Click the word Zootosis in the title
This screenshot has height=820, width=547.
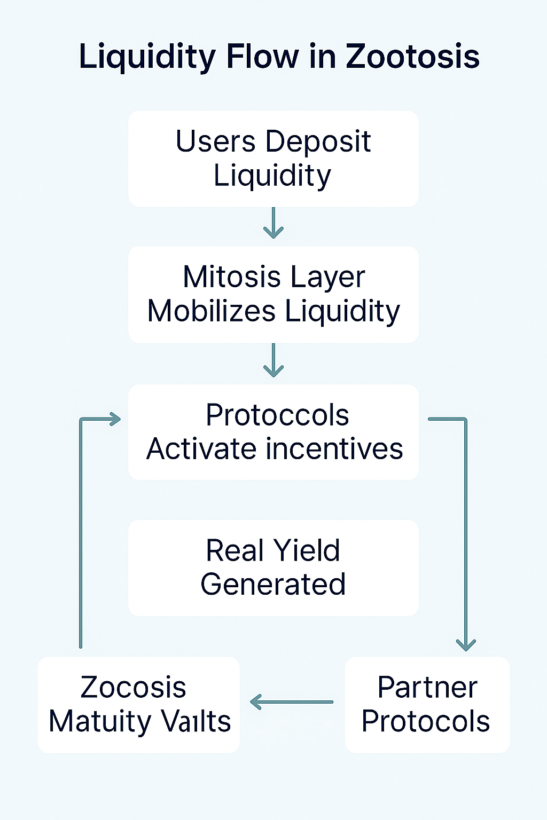(412, 57)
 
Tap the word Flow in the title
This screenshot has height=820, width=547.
(263, 57)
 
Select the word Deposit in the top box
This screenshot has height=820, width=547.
(318, 142)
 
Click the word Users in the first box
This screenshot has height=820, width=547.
(215, 141)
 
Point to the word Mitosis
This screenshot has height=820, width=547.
(231, 277)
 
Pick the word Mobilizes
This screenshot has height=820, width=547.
(212, 311)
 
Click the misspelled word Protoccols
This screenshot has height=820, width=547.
(277, 415)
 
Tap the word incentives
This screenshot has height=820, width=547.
(334, 449)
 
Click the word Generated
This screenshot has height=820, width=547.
(273, 584)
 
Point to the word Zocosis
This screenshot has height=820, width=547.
(134, 687)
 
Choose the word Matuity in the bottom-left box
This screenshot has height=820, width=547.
(100, 722)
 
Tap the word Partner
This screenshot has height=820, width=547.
(427, 687)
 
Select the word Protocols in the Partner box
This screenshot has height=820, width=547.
(426, 721)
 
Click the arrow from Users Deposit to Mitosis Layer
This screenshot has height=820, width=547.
(273, 223)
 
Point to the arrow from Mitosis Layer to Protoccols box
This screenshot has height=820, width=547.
(273, 360)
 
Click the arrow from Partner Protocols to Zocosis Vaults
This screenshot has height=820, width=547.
(292, 702)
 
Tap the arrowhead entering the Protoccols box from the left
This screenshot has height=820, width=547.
(115, 419)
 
